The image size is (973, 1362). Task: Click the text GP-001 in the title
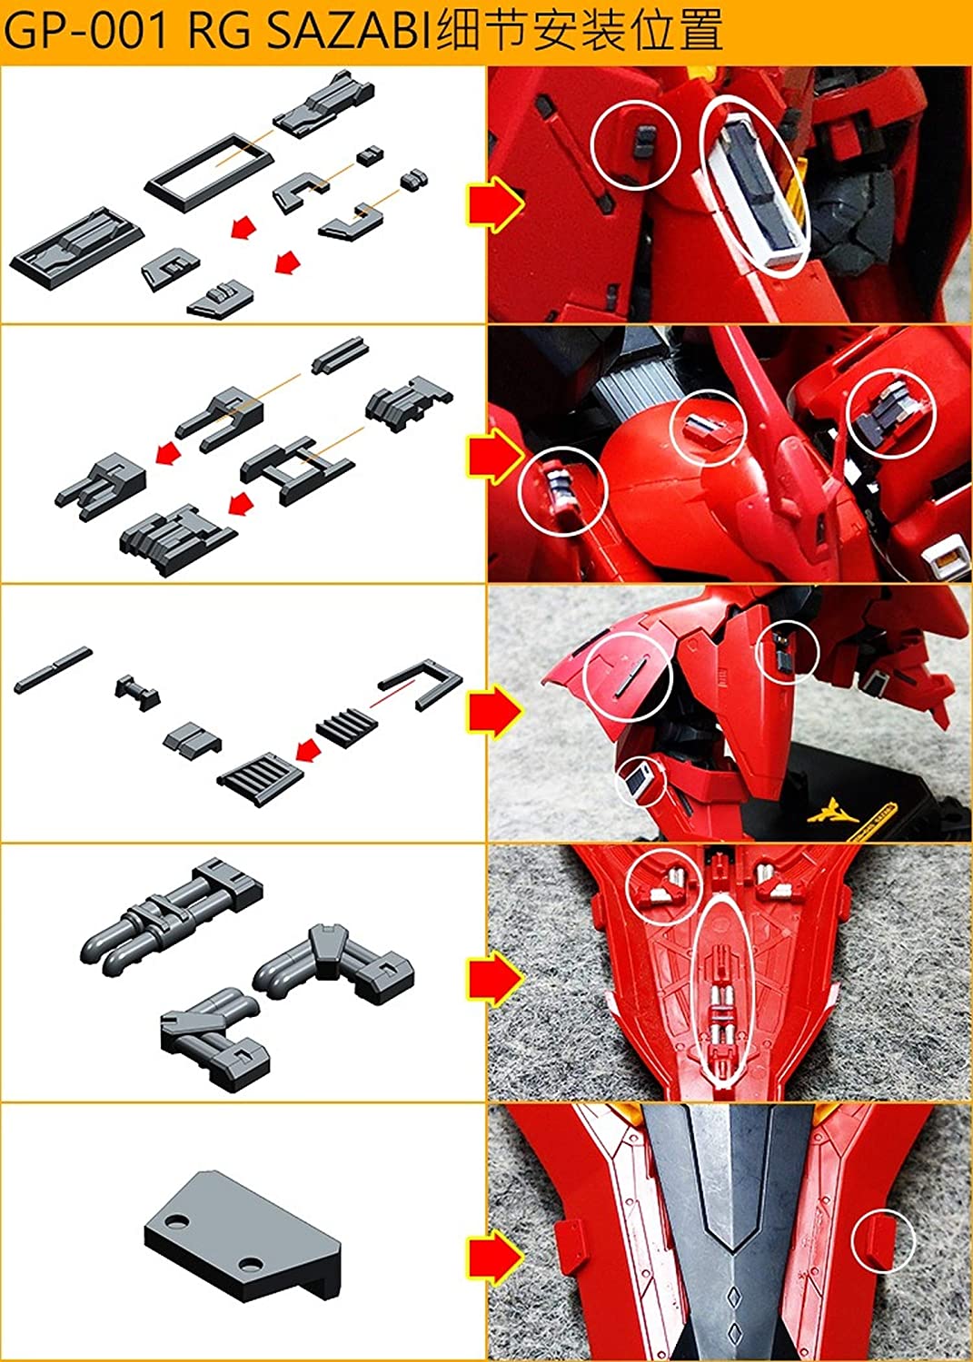tap(86, 32)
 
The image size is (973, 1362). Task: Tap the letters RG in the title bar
tap(215, 32)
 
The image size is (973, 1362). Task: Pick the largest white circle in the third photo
tap(629, 675)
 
